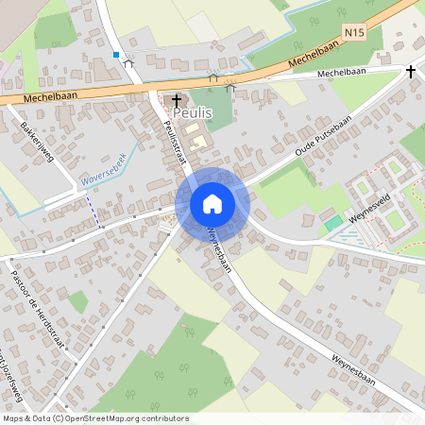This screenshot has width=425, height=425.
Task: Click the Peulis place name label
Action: tap(193, 112)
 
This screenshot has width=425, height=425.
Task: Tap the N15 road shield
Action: tap(354, 33)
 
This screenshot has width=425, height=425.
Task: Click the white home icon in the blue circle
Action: tap(212, 203)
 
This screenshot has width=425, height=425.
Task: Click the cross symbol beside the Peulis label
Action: tap(177, 99)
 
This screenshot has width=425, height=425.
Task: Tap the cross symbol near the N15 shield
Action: tap(410, 71)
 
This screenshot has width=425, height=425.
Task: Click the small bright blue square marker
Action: tap(116, 55)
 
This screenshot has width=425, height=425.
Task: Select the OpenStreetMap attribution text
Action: tap(94, 418)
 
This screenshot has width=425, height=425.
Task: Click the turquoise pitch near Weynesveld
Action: tap(333, 224)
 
